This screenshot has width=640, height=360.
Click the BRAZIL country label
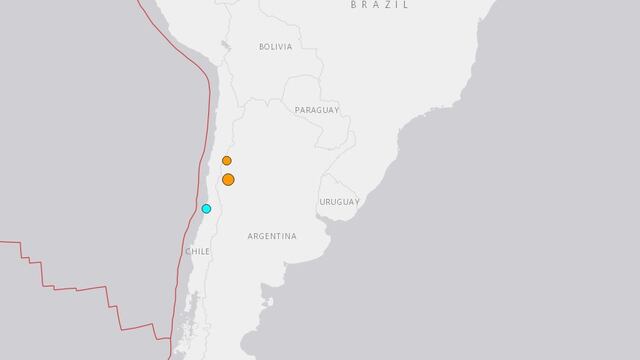point(380,5)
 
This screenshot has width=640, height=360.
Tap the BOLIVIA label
point(275,47)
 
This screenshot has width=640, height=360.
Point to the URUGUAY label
point(339,202)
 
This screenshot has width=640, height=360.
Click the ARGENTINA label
point(272,236)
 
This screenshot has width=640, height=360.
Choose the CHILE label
point(197,252)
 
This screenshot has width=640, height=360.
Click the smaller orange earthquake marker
point(227,160)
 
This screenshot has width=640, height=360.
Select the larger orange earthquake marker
point(228,179)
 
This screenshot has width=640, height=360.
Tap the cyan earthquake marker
point(206,209)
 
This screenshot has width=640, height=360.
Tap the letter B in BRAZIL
point(355,5)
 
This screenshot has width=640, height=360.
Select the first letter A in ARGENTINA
point(249,236)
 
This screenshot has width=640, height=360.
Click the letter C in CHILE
point(188,252)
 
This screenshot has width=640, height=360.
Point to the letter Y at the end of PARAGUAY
point(337,110)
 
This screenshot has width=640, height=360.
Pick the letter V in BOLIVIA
point(281,47)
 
